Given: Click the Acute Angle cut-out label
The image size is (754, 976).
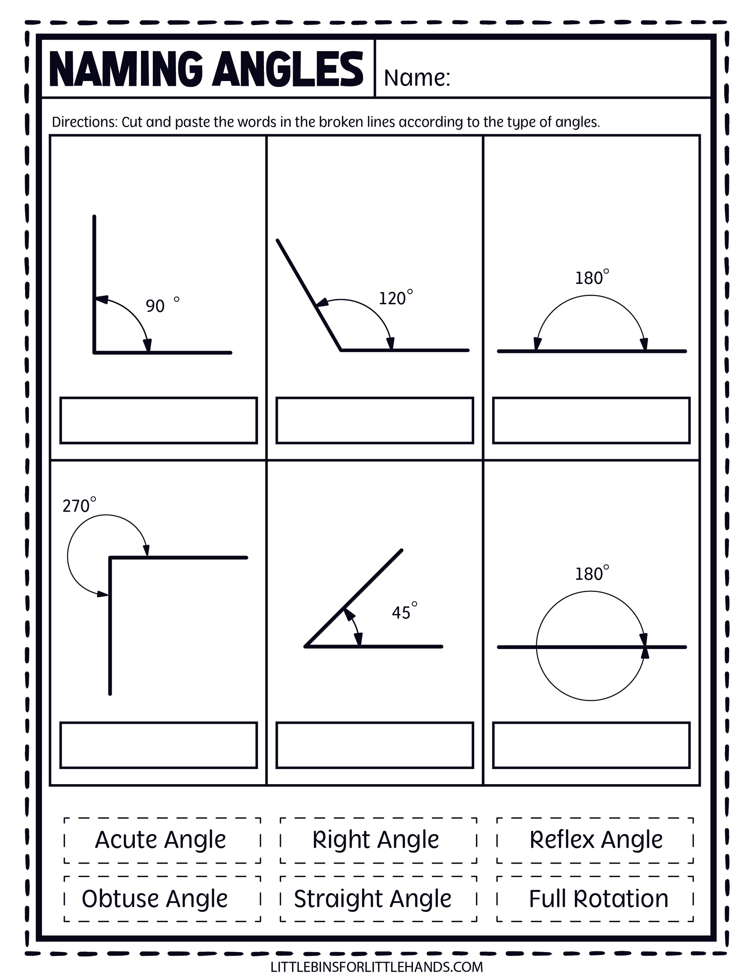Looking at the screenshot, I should [161, 840].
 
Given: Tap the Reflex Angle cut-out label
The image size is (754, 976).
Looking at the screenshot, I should [595, 840].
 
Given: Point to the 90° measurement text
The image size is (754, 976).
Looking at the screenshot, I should [162, 305].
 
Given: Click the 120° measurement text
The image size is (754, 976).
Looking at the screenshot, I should [395, 297].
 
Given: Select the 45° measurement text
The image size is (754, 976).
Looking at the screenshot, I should [404, 611].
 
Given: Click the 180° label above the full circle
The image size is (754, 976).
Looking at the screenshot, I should [591, 573].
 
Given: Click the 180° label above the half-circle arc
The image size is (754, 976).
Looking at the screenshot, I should [591, 278].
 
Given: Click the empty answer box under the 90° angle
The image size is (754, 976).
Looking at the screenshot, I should [159, 421].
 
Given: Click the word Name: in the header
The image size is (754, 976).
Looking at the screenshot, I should [417, 78].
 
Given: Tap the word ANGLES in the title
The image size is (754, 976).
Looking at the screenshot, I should [287, 70].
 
